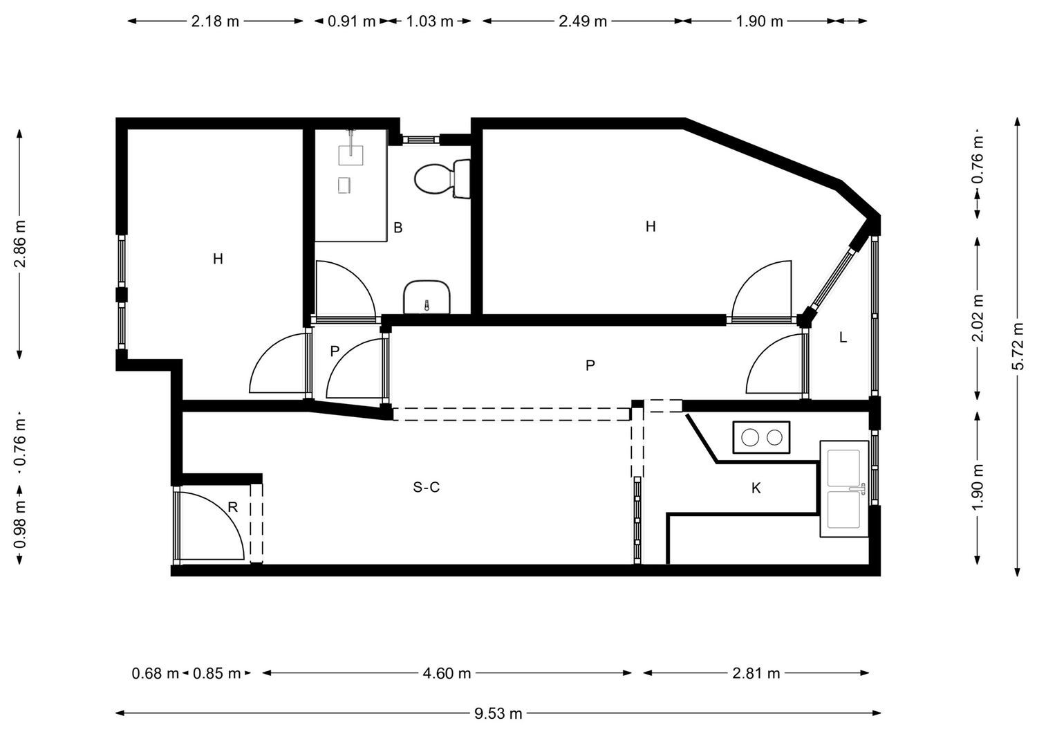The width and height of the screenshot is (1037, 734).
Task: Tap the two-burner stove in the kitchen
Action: tap(761, 437)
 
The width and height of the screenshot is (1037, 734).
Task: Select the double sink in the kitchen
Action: tap(844, 489)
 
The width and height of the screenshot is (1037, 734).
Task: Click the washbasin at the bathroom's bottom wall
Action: tap(427, 297)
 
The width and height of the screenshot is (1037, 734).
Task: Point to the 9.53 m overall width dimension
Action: tap(498, 713)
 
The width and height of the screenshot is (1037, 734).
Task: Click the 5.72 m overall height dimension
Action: tap(1018, 347)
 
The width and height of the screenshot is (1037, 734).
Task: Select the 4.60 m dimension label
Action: tap(447, 673)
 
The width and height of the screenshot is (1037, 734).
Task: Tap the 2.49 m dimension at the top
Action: tap(582, 21)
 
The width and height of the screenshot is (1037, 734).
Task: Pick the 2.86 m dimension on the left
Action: tap(20, 244)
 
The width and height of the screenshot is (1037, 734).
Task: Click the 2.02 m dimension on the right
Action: tap(978, 318)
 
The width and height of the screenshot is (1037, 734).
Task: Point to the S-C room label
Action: tap(426, 488)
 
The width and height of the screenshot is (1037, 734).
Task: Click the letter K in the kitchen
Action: tap(756, 488)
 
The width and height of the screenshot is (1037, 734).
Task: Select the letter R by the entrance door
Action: tap(233, 507)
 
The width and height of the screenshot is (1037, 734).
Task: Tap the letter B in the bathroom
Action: tap(398, 228)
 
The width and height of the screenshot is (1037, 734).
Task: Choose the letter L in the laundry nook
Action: tap(843, 338)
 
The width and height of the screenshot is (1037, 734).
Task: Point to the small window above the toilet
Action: tap(420, 139)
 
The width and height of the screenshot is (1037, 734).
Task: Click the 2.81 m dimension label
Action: tap(756, 673)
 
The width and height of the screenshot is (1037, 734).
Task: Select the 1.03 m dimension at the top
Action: tap(429, 21)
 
